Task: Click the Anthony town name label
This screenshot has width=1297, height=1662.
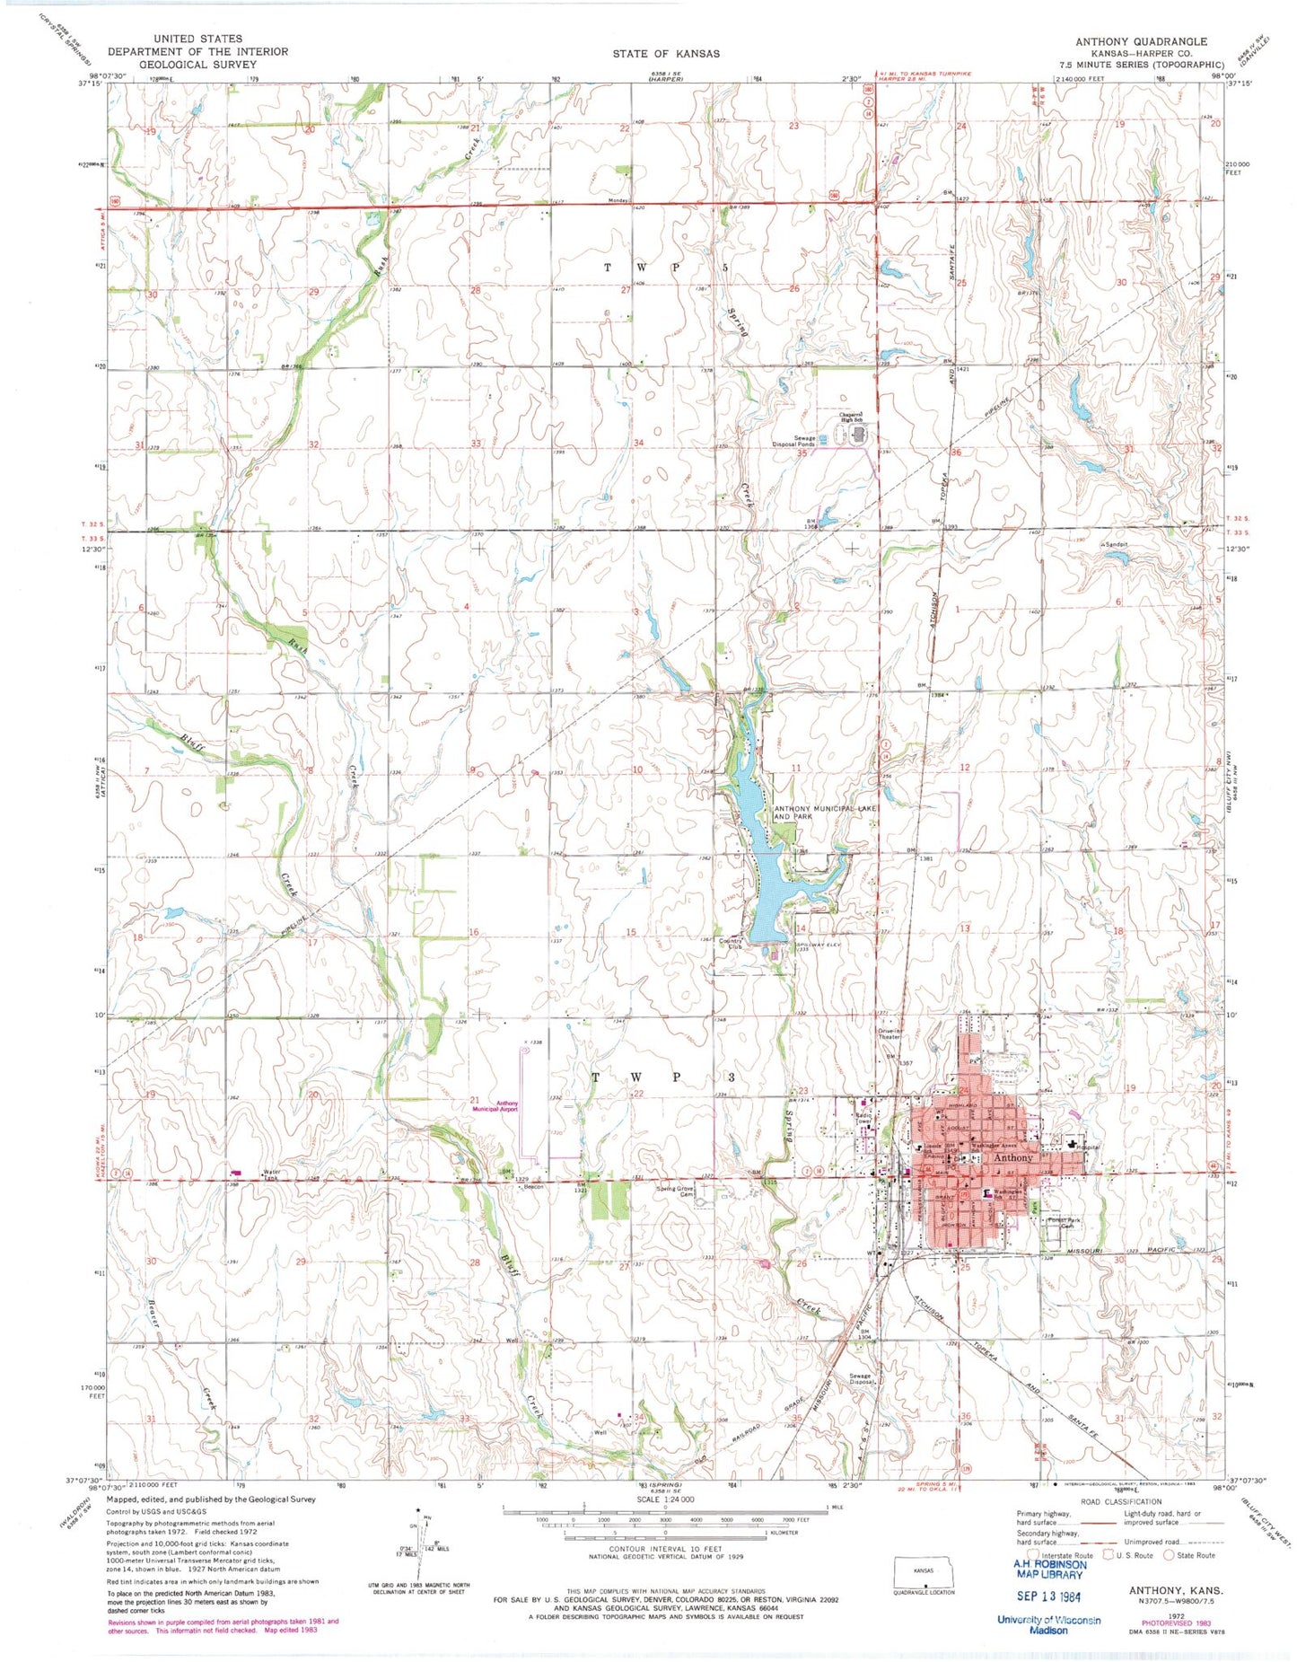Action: pos(1013,1158)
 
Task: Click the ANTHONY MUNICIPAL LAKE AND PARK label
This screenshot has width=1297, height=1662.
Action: pos(824,813)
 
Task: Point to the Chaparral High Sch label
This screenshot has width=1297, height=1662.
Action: pos(852,418)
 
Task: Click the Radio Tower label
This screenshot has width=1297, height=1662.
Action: pos(864,1120)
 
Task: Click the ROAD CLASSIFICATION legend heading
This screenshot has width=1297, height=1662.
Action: pos(1120,1501)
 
